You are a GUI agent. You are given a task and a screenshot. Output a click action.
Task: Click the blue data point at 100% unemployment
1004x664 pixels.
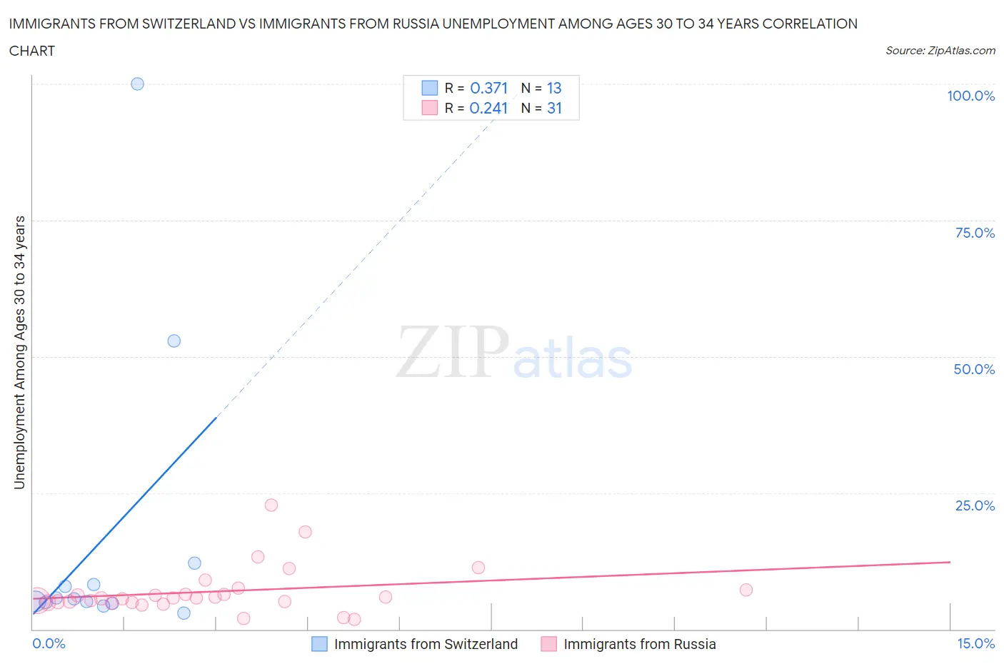[x=137, y=84]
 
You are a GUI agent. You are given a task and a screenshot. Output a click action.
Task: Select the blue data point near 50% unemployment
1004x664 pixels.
[x=174, y=341]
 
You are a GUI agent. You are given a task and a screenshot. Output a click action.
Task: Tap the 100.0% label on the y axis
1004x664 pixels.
[x=970, y=96]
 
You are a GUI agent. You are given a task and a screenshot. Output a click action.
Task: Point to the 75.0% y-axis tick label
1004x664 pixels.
[x=975, y=233]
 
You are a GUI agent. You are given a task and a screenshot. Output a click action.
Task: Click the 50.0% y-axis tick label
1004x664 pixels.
[x=974, y=369]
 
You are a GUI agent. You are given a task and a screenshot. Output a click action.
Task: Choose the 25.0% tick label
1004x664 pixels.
[x=975, y=505]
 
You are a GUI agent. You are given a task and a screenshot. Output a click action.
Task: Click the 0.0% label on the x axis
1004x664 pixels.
[x=49, y=643]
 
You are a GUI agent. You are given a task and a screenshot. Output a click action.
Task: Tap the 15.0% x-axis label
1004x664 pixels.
[x=975, y=643]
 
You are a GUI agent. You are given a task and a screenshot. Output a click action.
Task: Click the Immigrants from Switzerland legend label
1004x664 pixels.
[x=426, y=644]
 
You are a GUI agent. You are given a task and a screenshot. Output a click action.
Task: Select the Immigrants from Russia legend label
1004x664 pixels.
[x=639, y=644]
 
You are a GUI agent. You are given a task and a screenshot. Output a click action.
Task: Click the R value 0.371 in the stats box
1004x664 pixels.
[x=488, y=88]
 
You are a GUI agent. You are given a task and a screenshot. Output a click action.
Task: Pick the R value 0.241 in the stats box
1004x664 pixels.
[x=488, y=108]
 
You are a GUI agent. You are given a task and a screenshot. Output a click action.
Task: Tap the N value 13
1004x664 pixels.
[x=554, y=88]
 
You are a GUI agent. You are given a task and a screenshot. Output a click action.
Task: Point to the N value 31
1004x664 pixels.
[x=554, y=108]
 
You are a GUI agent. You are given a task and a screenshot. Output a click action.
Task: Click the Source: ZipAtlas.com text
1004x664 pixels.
[x=940, y=50]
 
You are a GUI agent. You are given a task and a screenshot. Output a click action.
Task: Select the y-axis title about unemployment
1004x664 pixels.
[x=19, y=352]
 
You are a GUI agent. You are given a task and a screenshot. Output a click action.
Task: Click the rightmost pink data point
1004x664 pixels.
[x=746, y=590]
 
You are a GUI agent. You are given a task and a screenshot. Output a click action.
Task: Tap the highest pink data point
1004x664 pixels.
[x=271, y=505]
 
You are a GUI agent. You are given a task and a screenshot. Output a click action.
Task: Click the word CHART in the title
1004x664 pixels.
[x=32, y=51]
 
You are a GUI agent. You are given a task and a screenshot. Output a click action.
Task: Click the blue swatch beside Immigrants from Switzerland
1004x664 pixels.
[x=319, y=644]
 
